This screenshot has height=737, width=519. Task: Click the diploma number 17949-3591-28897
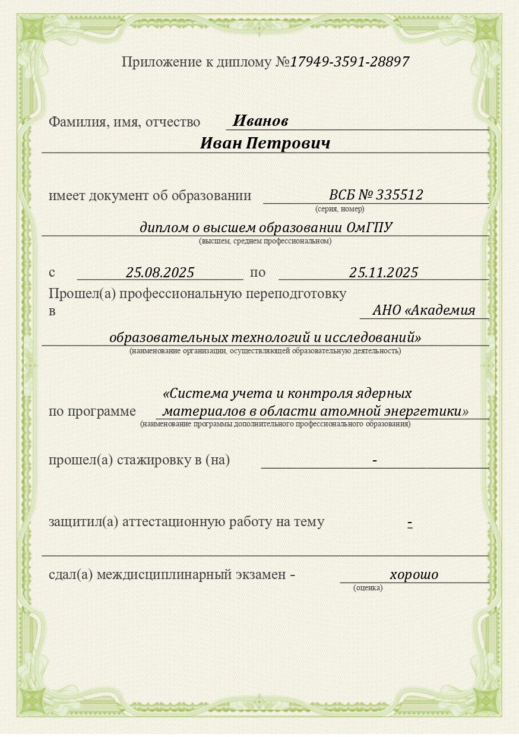click(x=350, y=62)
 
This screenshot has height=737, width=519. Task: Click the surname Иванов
click(x=260, y=121)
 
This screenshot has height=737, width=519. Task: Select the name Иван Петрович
click(x=265, y=144)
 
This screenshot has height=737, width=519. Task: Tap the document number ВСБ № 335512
click(x=376, y=195)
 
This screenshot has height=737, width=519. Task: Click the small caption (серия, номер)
click(x=340, y=209)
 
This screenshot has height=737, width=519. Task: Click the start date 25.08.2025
click(x=160, y=273)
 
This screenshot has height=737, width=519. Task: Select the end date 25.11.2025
click(x=384, y=273)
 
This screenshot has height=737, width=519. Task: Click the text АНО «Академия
click(x=424, y=310)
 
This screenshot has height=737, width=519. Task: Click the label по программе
click(x=92, y=411)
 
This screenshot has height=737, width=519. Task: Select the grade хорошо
click(x=414, y=574)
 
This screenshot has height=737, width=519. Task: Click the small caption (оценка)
click(x=368, y=588)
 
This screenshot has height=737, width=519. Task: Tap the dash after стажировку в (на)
click(x=375, y=461)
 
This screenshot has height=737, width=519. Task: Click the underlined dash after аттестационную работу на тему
click(x=410, y=523)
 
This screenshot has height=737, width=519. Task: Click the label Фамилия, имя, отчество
click(x=124, y=122)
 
